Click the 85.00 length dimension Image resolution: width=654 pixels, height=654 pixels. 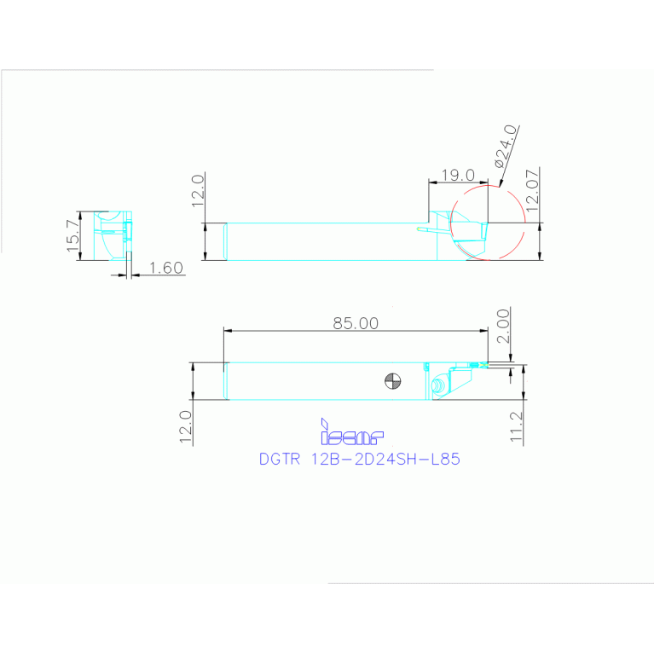click(356, 323)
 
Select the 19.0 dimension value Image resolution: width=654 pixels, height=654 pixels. click(458, 175)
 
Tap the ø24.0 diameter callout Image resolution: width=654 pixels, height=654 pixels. click(506, 146)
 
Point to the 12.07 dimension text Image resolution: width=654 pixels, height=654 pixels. click(533, 191)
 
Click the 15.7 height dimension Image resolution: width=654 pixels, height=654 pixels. click(73, 236)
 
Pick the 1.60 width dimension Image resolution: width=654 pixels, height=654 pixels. click(166, 268)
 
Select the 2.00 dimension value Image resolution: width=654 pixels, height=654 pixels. click(503, 326)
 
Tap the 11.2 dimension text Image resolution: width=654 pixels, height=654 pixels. click(517, 426)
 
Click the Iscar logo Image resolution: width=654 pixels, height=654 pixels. click(351, 432)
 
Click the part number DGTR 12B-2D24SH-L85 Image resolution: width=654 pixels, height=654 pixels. click(360, 459)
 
